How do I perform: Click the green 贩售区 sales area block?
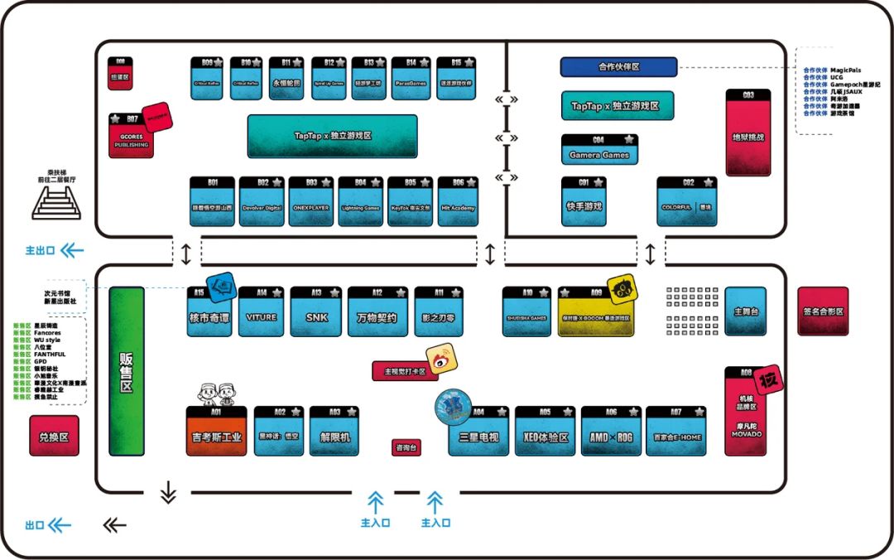127,371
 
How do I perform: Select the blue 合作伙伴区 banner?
618,67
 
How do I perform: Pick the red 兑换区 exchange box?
54,436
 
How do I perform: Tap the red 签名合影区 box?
822,311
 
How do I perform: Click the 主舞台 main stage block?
746,311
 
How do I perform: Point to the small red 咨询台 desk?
406,447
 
